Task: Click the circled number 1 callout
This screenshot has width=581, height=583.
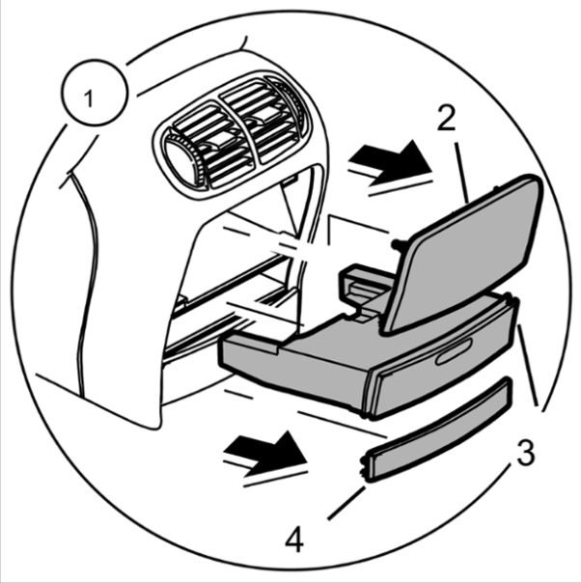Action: click(x=95, y=93)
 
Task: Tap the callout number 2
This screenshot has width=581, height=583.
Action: click(x=447, y=118)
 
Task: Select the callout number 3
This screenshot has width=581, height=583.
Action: click(x=525, y=453)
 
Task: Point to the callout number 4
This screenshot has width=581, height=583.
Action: click(x=294, y=540)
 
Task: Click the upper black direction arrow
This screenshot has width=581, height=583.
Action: click(x=390, y=163)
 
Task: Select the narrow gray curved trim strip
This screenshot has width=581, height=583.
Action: click(x=437, y=430)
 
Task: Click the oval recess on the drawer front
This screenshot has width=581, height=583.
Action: click(x=454, y=351)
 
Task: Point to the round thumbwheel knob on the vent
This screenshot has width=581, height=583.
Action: click(x=181, y=161)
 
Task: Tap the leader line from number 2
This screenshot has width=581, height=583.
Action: click(x=462, y=173)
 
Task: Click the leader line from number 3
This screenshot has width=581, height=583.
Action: click(x=528, y=365)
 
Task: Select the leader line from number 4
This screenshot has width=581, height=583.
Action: click(x=346, y=504)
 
